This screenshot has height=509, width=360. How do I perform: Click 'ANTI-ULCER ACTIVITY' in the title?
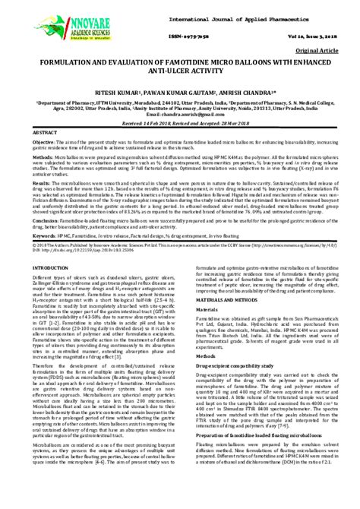point(180,77)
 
